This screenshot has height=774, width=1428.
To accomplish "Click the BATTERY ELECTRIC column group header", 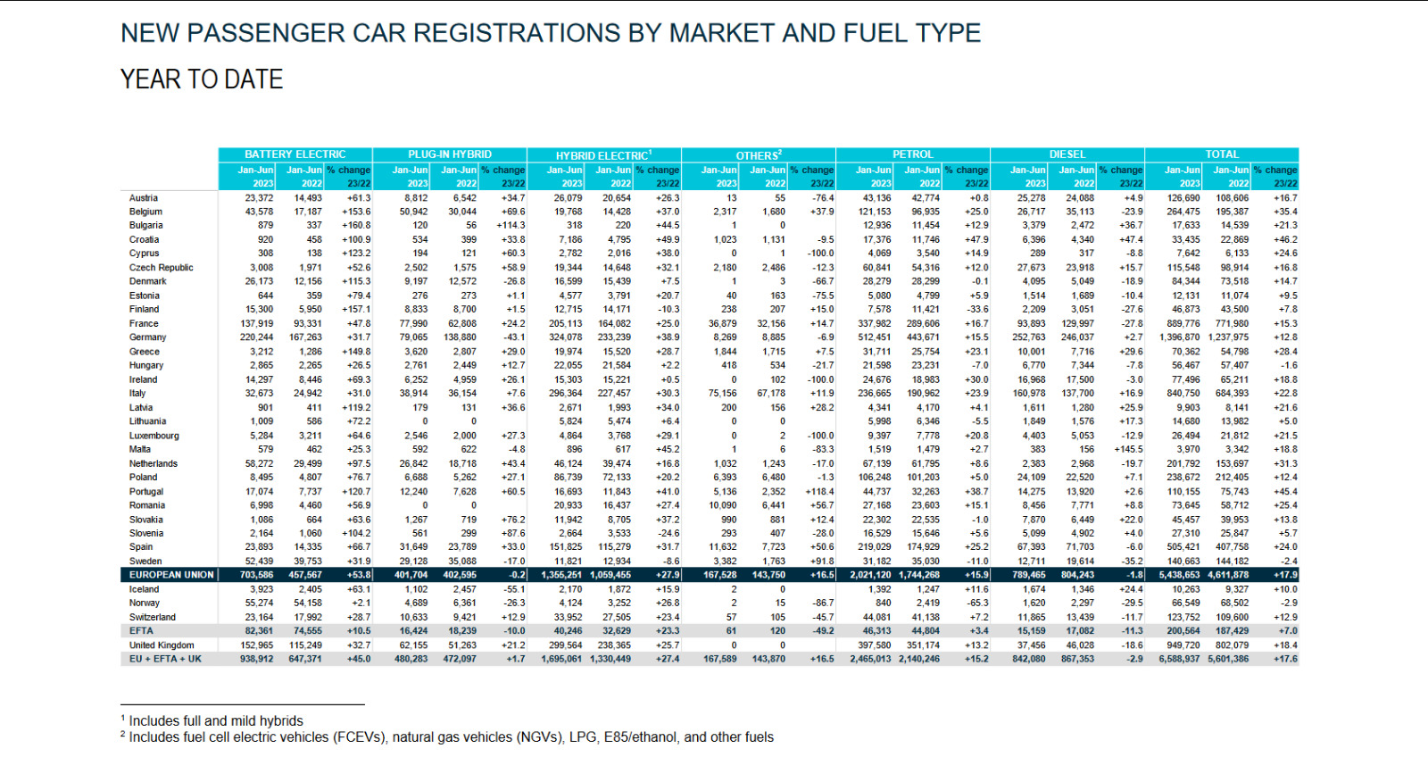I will click(x=295, y=154).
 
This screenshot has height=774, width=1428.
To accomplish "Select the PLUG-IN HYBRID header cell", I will click(x=450, y=154).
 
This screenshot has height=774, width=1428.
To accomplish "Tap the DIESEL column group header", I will click(x=1067, y=154).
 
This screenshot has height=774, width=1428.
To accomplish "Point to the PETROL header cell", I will click(x=913, y=154).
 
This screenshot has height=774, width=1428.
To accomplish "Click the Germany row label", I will click(x=148, y=337).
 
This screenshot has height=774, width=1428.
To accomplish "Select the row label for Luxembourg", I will click(x=154, y=436).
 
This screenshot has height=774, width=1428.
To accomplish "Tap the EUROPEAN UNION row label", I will click(x=171, y=575).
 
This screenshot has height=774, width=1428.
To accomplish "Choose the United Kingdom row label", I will click(x=162, y=645).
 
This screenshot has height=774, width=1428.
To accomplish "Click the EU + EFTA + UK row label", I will click(x=165, y=659).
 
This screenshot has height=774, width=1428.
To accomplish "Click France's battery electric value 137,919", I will click(x=257, y=324).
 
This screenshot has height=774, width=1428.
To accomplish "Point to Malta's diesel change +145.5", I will click(x=1128, y=450).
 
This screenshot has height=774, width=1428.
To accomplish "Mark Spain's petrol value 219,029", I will click(x=875, y=547).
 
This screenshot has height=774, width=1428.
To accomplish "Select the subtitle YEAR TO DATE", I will click(x=202, y=79).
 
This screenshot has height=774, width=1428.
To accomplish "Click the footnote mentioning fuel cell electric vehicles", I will click(x=451, y=737).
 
